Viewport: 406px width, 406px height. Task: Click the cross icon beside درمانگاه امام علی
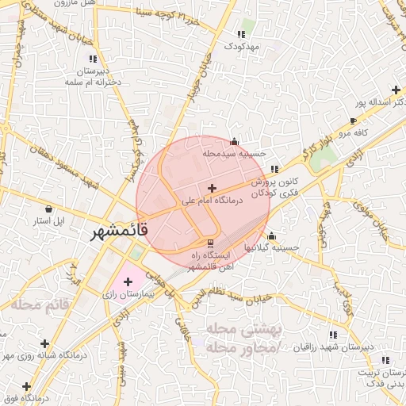tap(212, 188)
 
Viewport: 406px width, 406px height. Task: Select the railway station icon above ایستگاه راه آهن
tap(210, 242)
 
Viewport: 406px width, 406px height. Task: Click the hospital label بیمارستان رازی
tap(128, 293)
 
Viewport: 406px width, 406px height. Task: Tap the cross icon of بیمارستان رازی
tap(128, 282)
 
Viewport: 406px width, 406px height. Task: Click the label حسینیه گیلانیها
tap(272, 247)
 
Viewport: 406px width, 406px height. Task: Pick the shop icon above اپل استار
tap(50, 208)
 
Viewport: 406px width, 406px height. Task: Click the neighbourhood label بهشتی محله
tap(235, 328)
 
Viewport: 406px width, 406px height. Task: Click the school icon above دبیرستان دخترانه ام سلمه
tap(94, 59)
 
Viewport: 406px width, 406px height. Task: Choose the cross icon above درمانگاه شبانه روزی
tap(45, 343)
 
